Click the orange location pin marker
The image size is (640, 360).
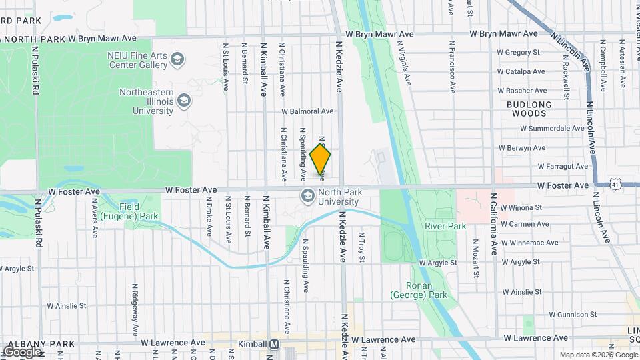coord(320,159)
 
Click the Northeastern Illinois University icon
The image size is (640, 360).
coord(184,101)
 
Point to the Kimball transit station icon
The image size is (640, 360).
coord(273,344)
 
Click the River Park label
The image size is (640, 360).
coord(445,226)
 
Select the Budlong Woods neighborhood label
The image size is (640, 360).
coord(529,109)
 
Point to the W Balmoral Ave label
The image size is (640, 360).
coord(307,111)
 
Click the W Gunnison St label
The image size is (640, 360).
coord(573,314)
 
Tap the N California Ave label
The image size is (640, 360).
coord(494,225)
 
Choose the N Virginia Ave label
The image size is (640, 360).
coord(403,63)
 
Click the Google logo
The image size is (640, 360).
coord(22,351)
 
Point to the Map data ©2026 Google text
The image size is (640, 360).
coord(597,355)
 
